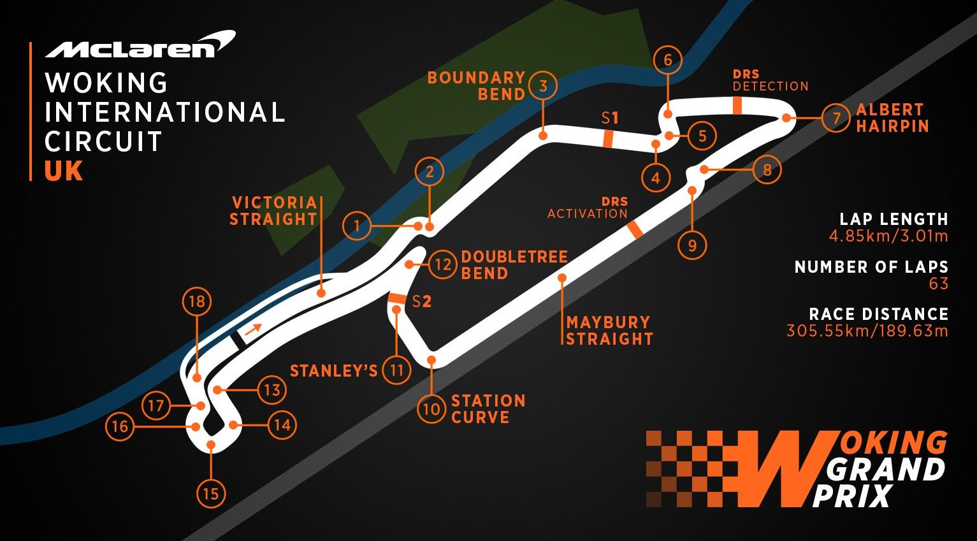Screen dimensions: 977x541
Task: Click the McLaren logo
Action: pos(140,45)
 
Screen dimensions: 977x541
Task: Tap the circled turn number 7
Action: pos(836,118)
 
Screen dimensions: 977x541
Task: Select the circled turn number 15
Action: pos(211,494)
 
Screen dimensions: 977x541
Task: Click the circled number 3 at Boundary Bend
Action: pos(543,86)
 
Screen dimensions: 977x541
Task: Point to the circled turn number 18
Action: pos(197,301)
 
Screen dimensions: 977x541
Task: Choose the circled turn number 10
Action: pos(432,409)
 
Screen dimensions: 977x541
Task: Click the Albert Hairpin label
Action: pos(892,118)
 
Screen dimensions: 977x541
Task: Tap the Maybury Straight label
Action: pos(609,331)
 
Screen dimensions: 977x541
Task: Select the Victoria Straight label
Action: pos(273,210)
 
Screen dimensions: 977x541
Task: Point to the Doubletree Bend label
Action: pos(514,264)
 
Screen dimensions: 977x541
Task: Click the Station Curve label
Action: pos(488,409)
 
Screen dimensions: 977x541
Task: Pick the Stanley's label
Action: pos(334,371)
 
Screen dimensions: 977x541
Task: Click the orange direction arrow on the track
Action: pos(254,329)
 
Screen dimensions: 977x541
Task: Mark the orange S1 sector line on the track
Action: pos(608,139)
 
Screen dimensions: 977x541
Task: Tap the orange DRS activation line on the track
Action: pos(635,230)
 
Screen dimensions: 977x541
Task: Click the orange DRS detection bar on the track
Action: pos(737,106)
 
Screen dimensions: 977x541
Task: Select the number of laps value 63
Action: pos(939,284)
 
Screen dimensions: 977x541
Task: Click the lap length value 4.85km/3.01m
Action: pos(888,236)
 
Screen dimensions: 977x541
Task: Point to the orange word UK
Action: pos(64,171)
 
